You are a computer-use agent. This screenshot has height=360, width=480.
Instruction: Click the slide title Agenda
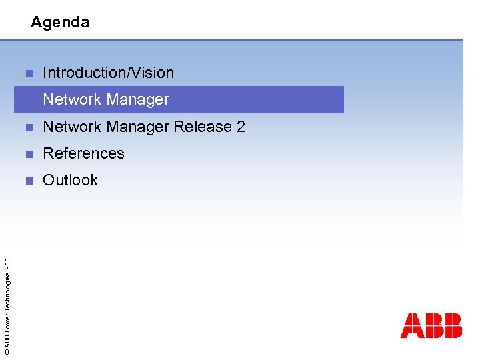[60, 22]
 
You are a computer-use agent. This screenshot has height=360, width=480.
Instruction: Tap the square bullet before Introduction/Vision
[29, 73]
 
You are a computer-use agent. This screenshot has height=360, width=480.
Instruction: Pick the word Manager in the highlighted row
[137, 100]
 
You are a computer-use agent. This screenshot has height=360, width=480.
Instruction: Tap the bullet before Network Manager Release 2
[29, 127]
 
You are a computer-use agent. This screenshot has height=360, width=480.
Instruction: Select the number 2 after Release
[241, 127]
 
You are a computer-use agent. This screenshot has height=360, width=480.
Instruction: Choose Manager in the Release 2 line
[137, 127]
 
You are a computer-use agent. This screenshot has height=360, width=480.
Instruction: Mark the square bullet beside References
[29, 154]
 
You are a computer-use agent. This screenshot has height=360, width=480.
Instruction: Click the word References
[83, 153]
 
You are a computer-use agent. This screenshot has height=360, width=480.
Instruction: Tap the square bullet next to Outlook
[29, 181]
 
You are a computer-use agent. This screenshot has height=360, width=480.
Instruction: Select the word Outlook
[70, 180]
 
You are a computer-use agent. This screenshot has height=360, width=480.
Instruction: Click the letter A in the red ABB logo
[411, 326]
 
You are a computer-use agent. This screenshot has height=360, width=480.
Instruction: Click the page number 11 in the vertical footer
[6, 262]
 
